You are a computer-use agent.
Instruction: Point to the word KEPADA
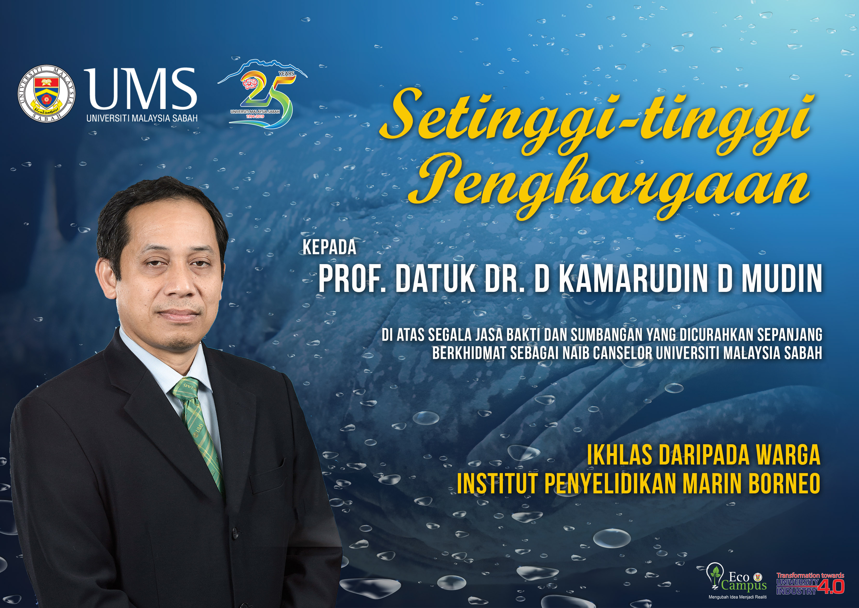329,247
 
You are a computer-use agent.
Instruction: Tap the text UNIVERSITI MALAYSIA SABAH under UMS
142,118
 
